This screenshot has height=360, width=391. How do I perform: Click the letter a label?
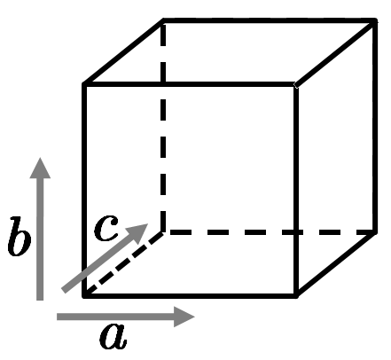click(x=113, y=336)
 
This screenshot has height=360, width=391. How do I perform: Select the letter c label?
click(x=106, y=228)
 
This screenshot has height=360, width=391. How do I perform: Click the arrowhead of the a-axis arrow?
click(x=184, y=317)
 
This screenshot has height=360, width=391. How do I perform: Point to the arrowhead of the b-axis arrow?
click(x=40, y=168)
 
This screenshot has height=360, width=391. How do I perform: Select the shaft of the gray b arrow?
click(x=40, y=239)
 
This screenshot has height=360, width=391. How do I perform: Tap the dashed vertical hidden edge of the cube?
click(x=163, y=126)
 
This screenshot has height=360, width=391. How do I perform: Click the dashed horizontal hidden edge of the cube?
click(x=269, y=232)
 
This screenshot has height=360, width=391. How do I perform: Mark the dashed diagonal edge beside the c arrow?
click(x=123, y=263)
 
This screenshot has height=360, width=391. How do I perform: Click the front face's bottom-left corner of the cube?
click(x=84, y=295)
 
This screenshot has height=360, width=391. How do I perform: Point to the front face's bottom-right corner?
click(x=296, y=295)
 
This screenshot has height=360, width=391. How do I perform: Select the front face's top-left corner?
click(x=84, y=84)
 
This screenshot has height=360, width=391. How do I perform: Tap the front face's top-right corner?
click(x=296, y=85)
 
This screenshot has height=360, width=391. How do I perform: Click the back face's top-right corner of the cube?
click(x=375, y=20)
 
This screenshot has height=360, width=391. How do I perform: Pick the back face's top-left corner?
click(x=163, y=20)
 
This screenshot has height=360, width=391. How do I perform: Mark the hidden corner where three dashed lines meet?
click(x=163, y=232)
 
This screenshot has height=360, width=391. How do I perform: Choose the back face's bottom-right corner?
click(x=375, y=232)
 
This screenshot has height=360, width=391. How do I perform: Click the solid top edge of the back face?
click(x=269, y=20)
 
